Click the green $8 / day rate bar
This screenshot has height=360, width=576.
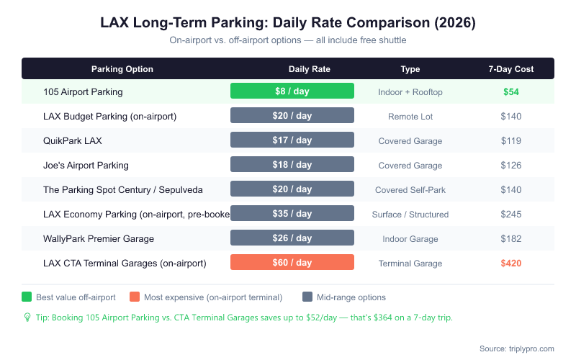292,91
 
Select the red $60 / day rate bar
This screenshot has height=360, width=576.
292,263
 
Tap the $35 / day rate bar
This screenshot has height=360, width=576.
292,214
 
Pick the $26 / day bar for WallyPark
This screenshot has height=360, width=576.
292,238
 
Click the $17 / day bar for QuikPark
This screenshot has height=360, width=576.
292,140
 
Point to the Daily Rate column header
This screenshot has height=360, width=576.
310,69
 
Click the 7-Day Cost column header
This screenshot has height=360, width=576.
511,69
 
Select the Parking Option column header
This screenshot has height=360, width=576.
122,69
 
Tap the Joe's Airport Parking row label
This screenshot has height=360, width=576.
86,165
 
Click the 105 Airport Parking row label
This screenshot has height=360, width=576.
83,91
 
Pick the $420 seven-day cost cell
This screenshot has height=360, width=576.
511,263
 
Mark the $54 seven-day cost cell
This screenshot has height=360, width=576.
511,91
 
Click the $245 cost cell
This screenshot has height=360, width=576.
511,214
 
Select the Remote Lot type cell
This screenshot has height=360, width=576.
410,116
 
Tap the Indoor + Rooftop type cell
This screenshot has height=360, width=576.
410,91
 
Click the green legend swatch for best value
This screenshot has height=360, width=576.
27,297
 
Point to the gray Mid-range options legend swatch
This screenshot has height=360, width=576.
307,297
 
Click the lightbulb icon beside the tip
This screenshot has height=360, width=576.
27,318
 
